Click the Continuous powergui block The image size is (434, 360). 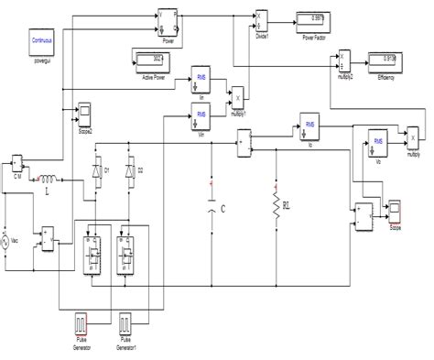43,42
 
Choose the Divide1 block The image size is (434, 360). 261,18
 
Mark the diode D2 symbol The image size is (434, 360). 129,170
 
